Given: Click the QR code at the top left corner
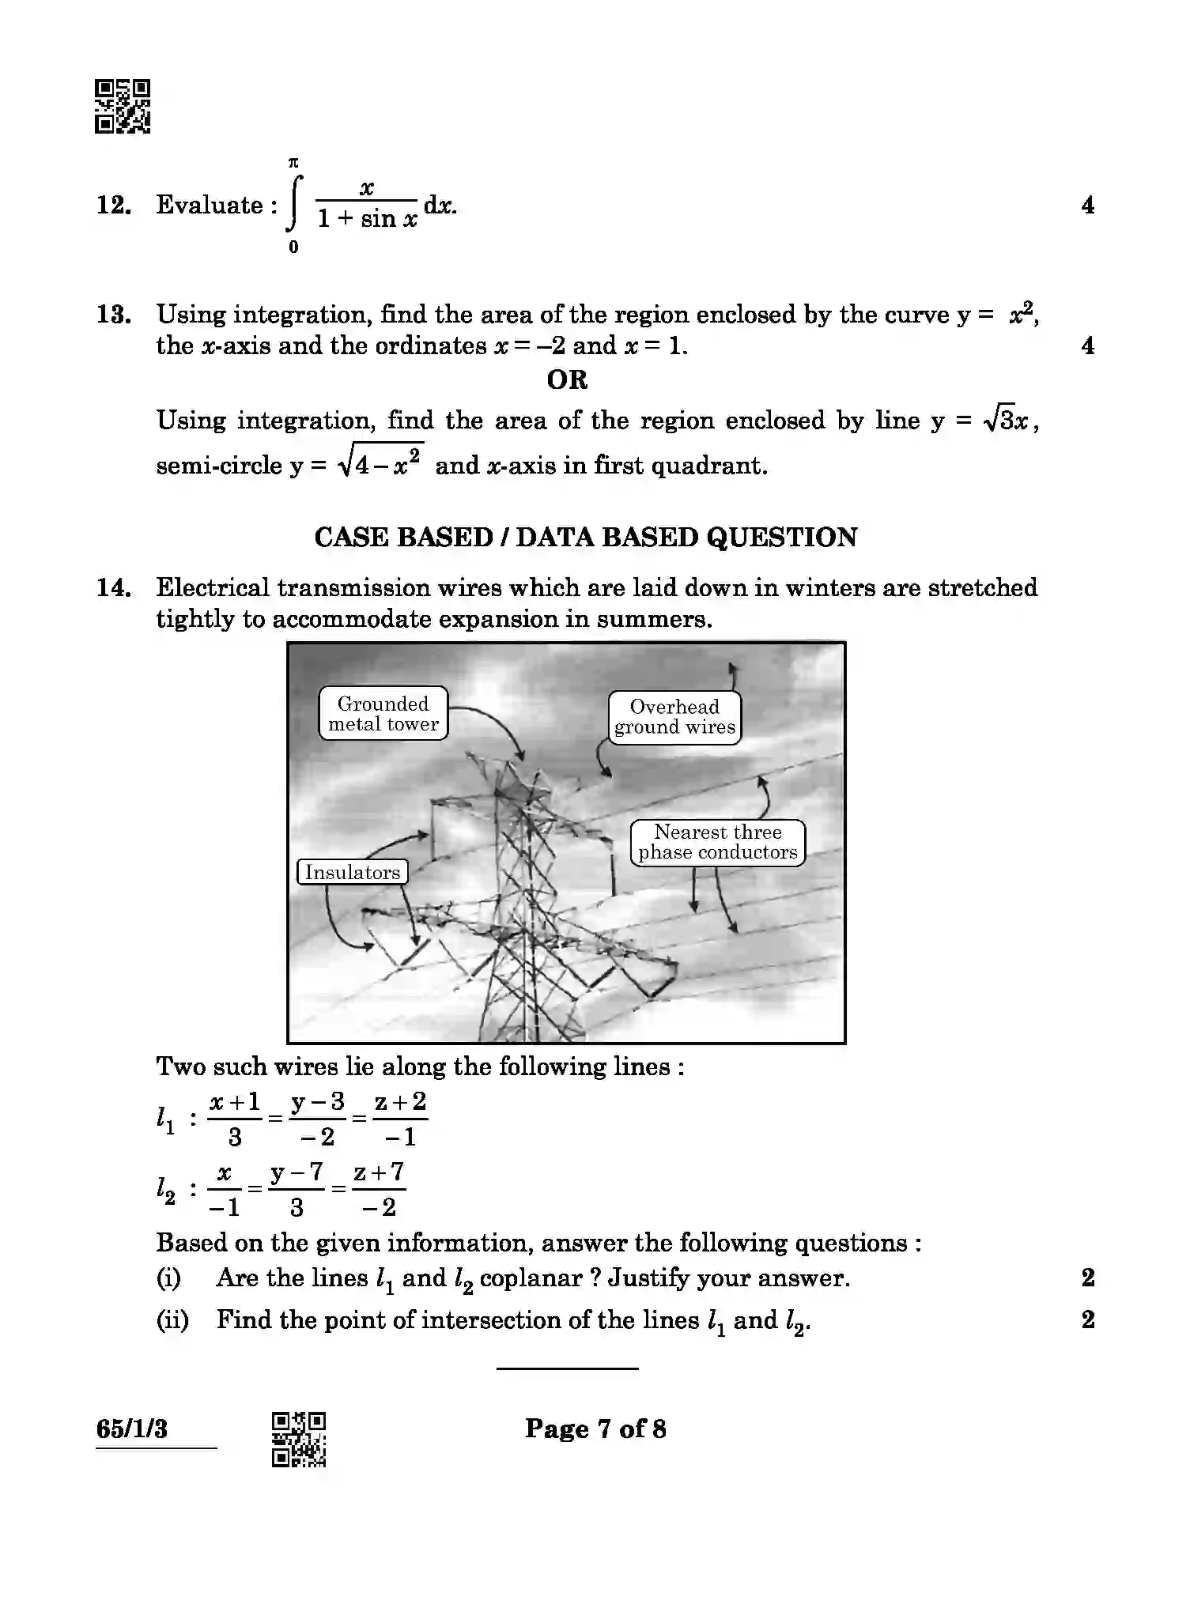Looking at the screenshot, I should pos(123,106).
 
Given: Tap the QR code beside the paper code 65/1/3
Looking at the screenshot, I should pos(299,1439).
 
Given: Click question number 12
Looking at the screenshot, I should pos(114,206).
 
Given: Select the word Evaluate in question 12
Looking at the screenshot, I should pos(210,206).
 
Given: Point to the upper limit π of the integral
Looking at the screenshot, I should pos(293,163).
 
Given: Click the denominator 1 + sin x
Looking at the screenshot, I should pos(367,219).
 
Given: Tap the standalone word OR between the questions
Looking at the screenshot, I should pos(567,380).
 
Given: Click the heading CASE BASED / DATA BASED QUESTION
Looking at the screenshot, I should pos(585,538).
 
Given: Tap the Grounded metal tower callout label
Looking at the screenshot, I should pos(383,714).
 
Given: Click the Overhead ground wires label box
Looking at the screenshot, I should pos(674,717).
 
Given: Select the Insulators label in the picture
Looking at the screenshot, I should pos(353,872).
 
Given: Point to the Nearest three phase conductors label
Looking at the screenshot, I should pos(717,843).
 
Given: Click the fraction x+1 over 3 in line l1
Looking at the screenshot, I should pos(235,1119).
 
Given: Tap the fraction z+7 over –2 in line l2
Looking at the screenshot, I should pos(379,1189).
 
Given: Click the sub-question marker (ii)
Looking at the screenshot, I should pos(172,1319).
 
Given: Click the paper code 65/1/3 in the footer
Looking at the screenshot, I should pos(132,1429).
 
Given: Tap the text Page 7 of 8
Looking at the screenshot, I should pos(595,1429).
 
